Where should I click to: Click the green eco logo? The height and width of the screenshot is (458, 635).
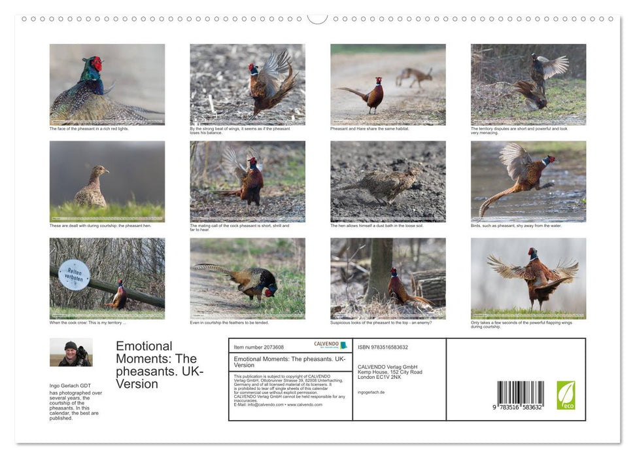click(566, 395)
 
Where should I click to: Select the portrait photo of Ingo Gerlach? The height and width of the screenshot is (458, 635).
click(71, 352)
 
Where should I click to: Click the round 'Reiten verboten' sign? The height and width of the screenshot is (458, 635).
click(74, 275)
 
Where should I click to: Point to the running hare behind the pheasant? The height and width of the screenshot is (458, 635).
click(415, 77)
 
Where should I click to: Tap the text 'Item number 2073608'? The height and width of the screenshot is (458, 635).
click(258, 347)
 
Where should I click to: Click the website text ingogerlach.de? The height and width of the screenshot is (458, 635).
click(371, 392)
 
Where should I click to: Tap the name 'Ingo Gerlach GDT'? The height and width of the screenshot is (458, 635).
click(71, 386)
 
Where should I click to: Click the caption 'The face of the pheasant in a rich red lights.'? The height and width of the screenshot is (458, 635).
click(89, 129)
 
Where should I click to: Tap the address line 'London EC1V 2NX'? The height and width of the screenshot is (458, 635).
click(381, 378)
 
